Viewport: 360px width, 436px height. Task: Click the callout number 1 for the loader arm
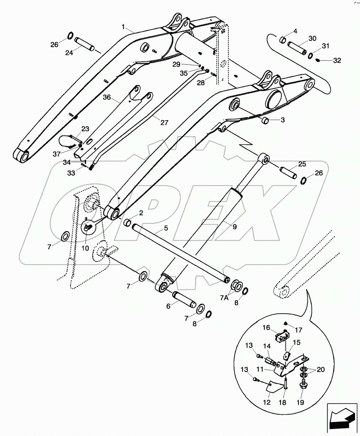[123, 27]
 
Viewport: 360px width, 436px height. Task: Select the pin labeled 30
[297, 48]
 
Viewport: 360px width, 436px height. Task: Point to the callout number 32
[337, 61]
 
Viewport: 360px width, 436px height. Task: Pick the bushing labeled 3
[265, 121]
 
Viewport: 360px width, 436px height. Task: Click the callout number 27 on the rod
[164, 123]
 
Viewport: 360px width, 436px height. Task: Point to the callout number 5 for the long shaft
[166, 227]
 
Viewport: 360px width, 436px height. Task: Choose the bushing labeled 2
[127, 223]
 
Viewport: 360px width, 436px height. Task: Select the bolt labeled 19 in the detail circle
[303, 384]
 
